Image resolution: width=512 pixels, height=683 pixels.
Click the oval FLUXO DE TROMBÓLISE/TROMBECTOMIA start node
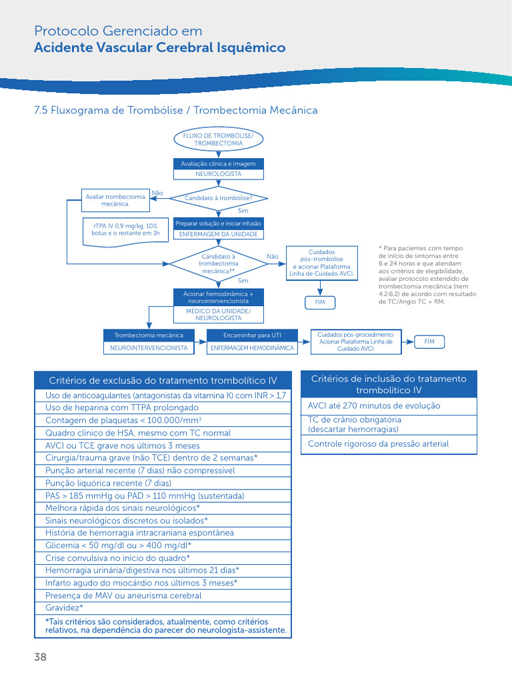[x=218, y=139]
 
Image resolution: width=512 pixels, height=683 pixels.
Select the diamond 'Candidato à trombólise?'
[x=218, y=198]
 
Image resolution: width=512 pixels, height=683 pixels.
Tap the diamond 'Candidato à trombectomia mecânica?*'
[x=218, y=264]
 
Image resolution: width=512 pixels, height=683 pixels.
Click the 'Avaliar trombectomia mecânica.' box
[x=115, y=200]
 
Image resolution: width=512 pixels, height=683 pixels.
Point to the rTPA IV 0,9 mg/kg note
[x=125, y=231]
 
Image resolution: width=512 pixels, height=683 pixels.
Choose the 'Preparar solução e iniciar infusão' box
[x=219, y=223]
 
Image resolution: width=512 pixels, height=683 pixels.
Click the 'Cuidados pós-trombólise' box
[x=322, y=263]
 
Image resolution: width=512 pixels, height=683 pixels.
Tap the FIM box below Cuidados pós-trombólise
[x=320, y=302]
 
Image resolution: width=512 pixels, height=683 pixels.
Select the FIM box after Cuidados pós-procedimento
[x=429, y=342]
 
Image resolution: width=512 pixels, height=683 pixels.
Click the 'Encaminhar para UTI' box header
[x=252, y=335]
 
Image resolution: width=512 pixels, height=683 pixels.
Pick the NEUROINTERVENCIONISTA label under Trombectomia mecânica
[x=149, y=348]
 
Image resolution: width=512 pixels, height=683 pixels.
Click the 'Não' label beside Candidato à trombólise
[x=157, y=193]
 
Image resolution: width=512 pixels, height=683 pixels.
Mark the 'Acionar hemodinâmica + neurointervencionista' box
[x=219, y=297]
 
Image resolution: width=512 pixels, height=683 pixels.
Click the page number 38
[x=40, y=657]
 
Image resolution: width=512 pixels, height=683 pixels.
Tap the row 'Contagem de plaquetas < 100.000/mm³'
[x=163, y=420]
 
